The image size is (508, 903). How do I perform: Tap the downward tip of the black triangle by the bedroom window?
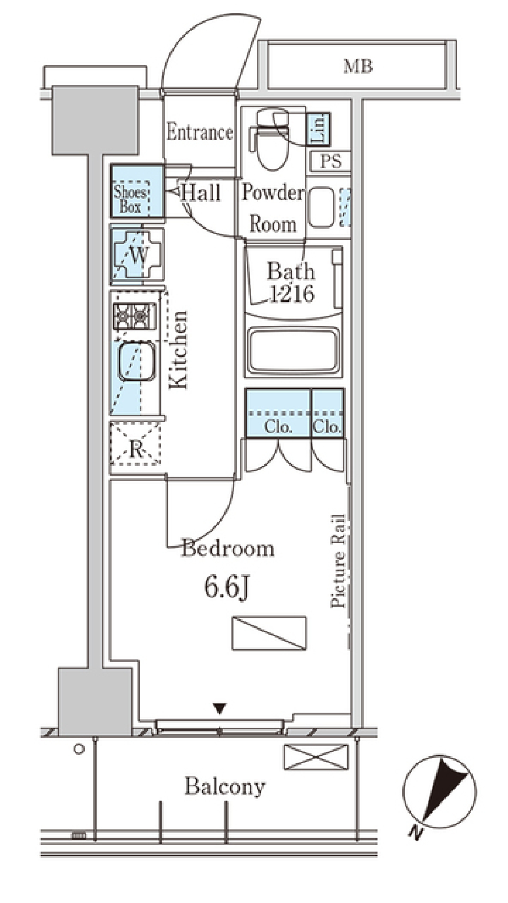[x=220, y=714]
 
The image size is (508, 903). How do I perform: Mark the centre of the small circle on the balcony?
[x=79, y=750]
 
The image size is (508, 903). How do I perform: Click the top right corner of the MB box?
[x=456, y=40]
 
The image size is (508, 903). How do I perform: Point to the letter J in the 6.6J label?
[x=242, y=588]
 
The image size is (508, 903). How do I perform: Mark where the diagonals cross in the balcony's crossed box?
[x=316, y=757]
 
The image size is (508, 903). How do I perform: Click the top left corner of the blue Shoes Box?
[x=112, y=165]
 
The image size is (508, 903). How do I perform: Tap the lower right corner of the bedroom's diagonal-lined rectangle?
[x=306, y=650]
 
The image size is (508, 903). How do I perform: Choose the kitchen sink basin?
[x=137, y=361]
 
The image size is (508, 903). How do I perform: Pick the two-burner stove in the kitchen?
[x=134, y=316]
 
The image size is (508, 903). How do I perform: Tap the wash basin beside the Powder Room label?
[x=321, y=206]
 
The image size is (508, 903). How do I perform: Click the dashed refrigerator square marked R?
[x=136, y=443]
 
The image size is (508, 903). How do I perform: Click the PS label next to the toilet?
[x=331, y=161]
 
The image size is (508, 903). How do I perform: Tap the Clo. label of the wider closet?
[x=278, y=426]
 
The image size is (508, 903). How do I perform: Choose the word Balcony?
[x=225, y=787]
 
